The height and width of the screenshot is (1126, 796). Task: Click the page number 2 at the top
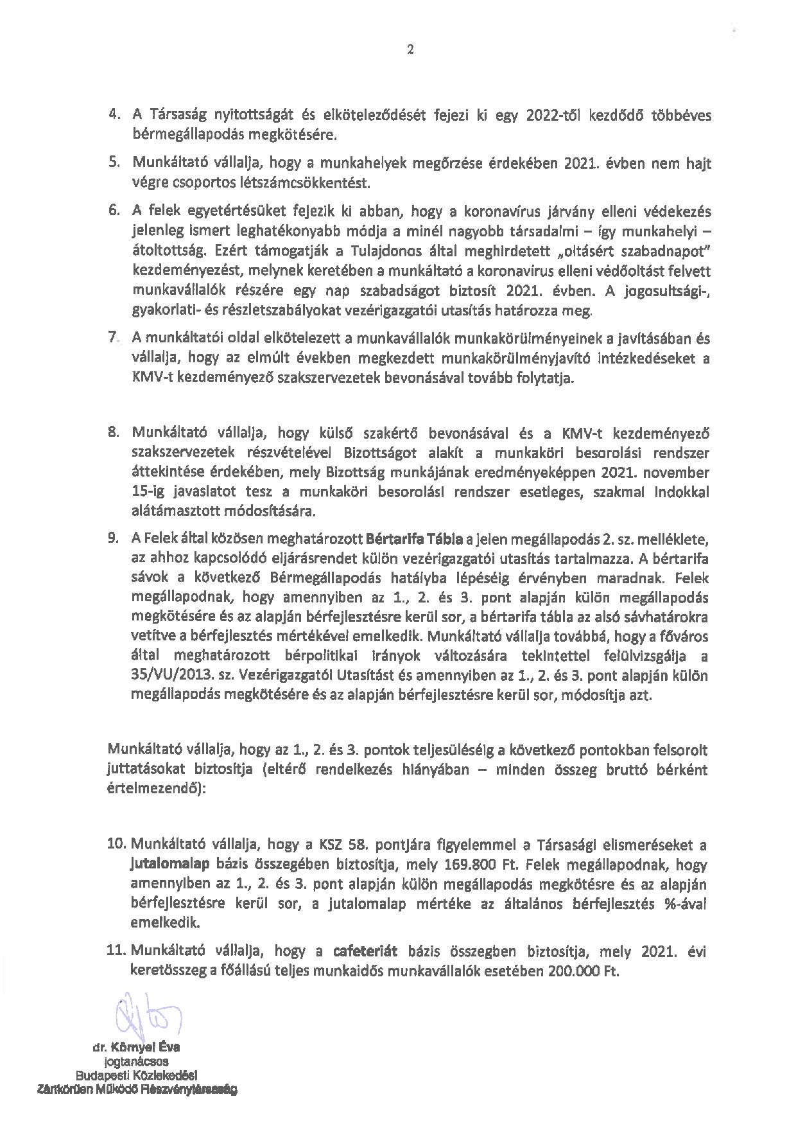click(410, 50)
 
